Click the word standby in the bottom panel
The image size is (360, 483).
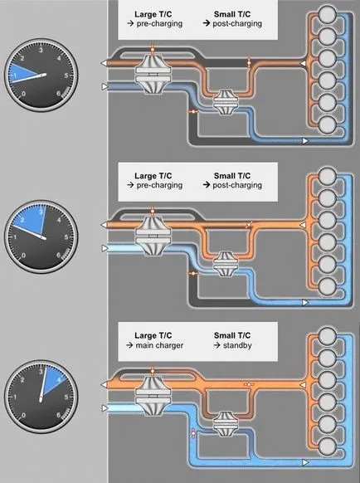pyautogui.click(x=237, y=345)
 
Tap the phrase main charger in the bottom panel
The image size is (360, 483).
pyautogui.click(x=159, y=345)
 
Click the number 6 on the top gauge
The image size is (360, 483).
pyautogui.click(x=59, y=94)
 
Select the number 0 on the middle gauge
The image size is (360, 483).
pyautogui.click(x=24, y=256)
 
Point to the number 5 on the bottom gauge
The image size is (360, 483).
pyautogui.click(x=66, y=397)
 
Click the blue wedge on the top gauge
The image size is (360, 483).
pyautogui.click(x=22, y=73)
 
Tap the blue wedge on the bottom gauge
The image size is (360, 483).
pyautogui.click(x=56, y=380)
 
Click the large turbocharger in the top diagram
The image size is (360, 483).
pyautogui.click(x=153, y=73)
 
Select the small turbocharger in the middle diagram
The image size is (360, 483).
pyautogui.click(x=225, y=264)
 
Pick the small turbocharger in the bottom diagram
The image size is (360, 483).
pyautogui.click(x=225, y=424)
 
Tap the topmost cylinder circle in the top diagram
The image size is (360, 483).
pyautogui.click(x=327, y=14)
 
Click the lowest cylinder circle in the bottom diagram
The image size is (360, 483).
pyautogui.click(x=327, y=446)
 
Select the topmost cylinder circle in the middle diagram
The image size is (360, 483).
pyautogui.click(x=327, y=176)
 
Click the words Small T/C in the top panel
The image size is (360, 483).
pyautogui.click(x=232, y=14)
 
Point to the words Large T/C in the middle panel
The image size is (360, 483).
pyautogui.click(x=153, y=176)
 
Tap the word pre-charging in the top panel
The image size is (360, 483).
pyautogui.click(x=159, y=24)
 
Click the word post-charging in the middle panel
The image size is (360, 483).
pyautogui.click(x=237, y=185)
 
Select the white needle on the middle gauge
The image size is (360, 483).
pyautogui.click(x=28, y=232)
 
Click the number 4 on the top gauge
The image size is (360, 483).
pyautogui.click(x=59, y=58)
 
